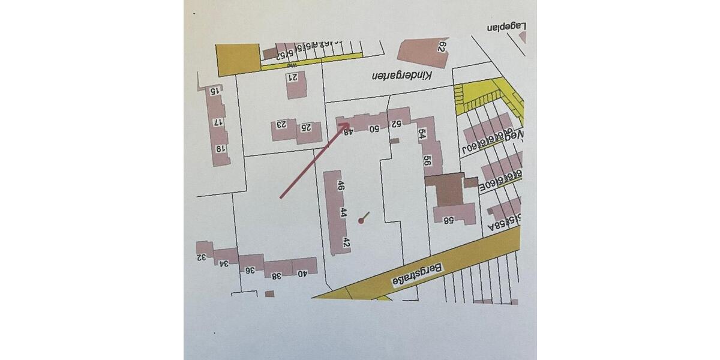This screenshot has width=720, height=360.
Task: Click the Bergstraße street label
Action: click(x=417, y=275)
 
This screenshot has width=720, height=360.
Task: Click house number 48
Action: click(x=347, y=131)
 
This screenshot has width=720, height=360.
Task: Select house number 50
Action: click(x=373, y=128)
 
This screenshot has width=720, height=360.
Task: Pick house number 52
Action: click(x=396, y=124)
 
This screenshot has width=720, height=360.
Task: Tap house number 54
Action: click(x=422, y=134)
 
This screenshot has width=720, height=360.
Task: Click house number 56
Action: click(x=427, y=160)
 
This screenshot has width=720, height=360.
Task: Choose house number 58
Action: click(x=448, y=220)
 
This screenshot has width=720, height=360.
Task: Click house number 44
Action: click(x=343, y=212)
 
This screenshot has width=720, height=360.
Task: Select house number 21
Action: click(x=294, y=77)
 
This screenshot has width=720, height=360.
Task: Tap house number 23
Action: click(x=281, y=125)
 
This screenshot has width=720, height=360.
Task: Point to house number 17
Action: click(x=219, y=122)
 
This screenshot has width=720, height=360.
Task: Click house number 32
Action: click(x=202, y=257)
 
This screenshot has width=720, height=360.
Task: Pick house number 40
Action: click(x=302, y=274)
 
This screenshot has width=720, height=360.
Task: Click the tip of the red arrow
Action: click(x=350, y=124)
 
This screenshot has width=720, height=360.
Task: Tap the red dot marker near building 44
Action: click(x=361, y=221)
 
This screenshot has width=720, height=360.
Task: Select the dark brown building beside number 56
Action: click(x=446, y=191)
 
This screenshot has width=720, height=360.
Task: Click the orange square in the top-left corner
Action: click(x=238, y=59)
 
